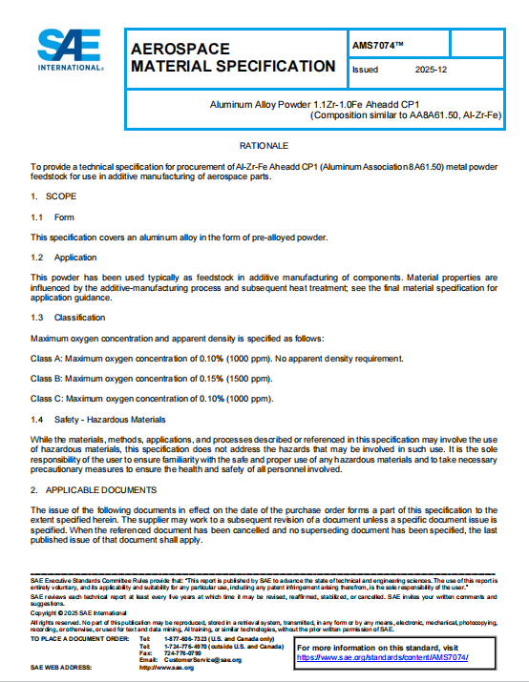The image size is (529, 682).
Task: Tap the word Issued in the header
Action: coord(366,70)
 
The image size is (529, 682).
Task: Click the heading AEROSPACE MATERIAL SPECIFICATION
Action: coord(232,57)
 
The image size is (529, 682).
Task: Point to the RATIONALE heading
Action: coord(263,145)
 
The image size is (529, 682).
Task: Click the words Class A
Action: coord(47,359)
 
